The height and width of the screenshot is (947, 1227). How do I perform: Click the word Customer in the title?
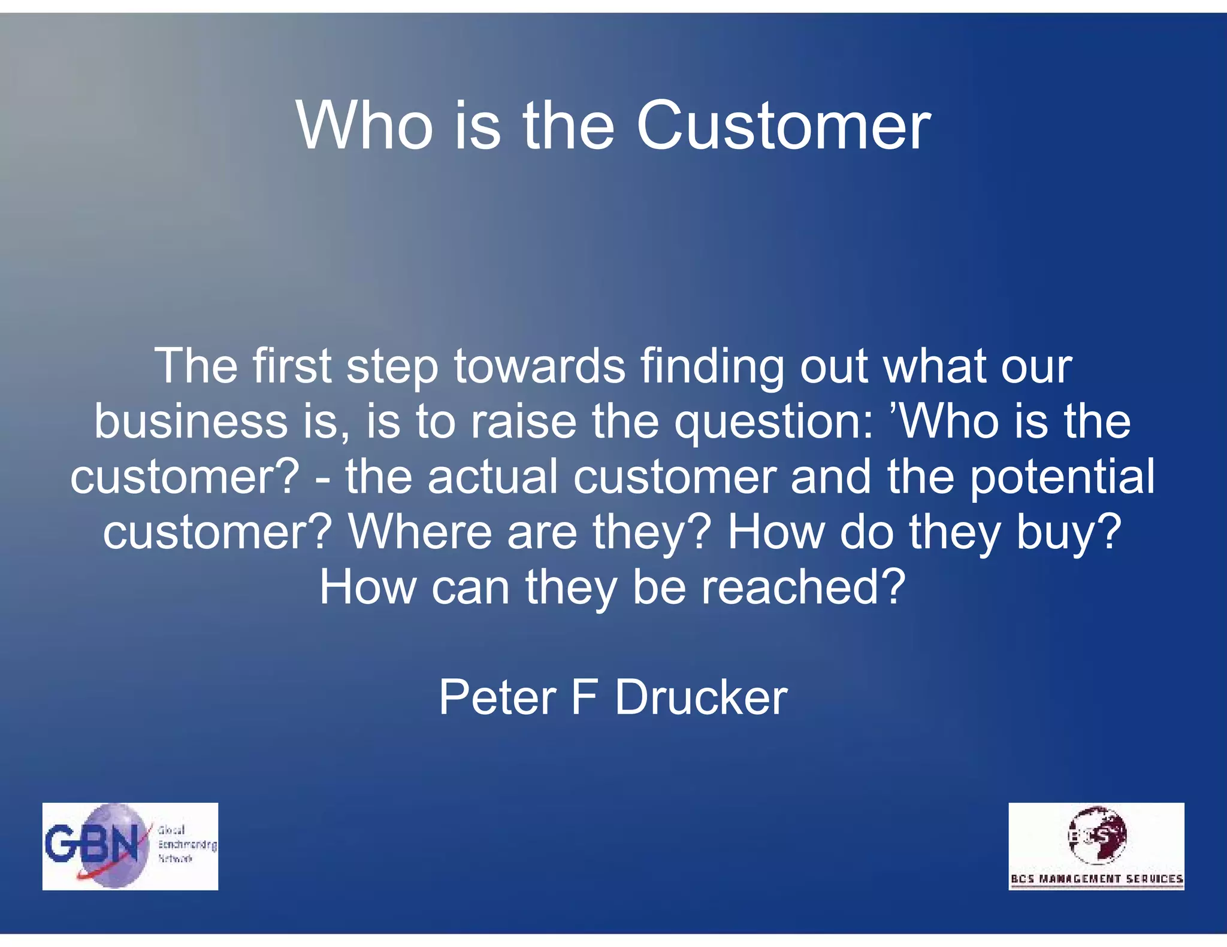point(783,126)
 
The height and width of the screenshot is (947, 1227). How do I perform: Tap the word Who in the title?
point(364,126)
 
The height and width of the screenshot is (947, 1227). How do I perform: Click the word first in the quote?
point(292,366)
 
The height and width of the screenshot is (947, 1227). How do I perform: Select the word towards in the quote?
point(539,366)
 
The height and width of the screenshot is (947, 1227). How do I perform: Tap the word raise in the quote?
point(523,421)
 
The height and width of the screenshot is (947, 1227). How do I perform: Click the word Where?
point(420,532)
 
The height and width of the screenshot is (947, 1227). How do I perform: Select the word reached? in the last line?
point(803,587)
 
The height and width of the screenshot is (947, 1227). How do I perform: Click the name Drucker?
point(701,697)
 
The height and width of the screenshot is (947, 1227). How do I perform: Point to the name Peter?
point(498,697)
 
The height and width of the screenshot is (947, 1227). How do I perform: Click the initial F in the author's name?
point(584,697)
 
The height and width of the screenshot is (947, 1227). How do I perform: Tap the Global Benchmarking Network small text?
point(186,845)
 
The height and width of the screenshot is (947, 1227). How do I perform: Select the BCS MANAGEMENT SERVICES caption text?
point(1096,879)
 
